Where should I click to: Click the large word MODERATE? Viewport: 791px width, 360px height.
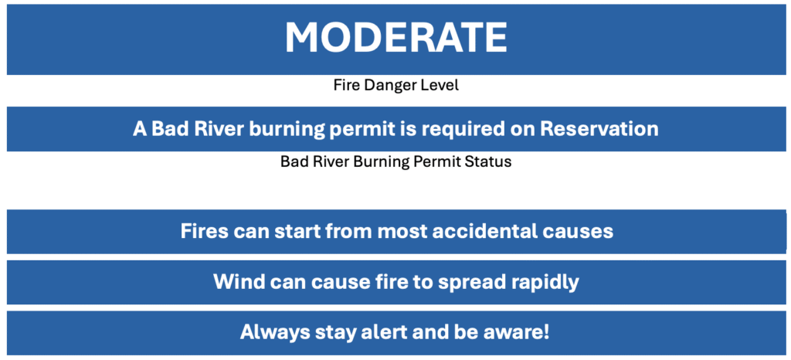pos(395,38)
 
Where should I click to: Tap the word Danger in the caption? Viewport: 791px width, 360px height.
pos(388,86)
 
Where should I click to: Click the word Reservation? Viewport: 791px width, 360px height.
pos(599,128)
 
